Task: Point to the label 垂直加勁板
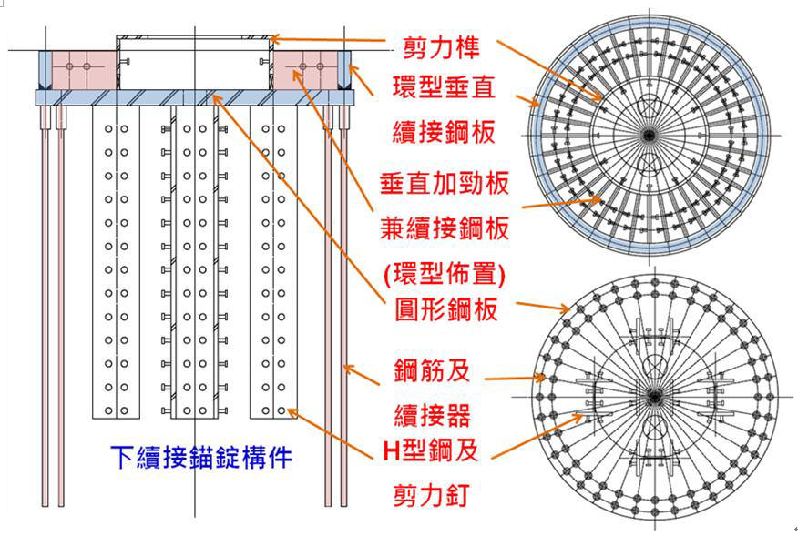[x=444, y=181]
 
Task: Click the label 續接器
[x=432, y=414]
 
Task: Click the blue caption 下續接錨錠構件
[x=201, y=456]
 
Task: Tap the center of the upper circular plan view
[x=649, y=135]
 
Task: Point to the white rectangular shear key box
[x=194, y=62]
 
